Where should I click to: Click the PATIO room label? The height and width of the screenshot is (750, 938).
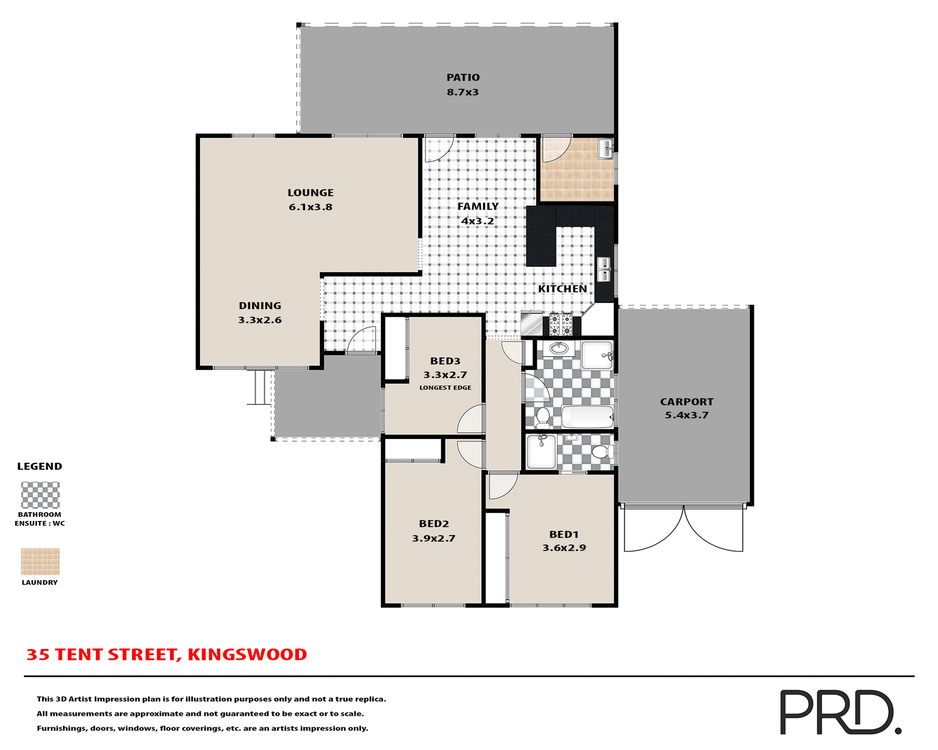[463, 77]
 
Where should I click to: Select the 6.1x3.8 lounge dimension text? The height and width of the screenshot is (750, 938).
[310, 207]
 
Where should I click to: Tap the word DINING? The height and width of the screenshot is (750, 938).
[260, 306]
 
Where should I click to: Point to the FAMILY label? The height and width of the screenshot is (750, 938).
[478, 207]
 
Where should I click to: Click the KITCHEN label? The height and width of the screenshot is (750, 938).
[562, 289]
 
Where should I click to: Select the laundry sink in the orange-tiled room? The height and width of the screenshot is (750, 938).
[606, 148]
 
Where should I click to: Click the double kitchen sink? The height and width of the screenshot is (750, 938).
[604, 270]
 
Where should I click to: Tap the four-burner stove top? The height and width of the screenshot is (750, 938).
[560, 325]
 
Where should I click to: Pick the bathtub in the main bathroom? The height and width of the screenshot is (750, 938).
[588, 417]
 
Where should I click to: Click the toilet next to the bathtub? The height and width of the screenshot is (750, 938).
[543, 417]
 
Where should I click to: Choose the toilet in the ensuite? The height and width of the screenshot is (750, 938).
[602, 452]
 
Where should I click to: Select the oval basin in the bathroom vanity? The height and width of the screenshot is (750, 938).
[558, 348]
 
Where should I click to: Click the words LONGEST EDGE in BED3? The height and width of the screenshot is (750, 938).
[445, 388]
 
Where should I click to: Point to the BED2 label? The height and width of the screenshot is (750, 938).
[433, 524]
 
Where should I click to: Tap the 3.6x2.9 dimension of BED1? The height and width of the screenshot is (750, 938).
[564, 548]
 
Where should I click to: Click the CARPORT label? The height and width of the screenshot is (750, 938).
[686, 402]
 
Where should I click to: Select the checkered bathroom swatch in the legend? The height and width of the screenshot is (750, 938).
[40, 495]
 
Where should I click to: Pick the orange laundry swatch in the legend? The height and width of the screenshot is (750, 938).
[40, 562]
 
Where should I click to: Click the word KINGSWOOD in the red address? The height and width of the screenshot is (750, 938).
[247, 655]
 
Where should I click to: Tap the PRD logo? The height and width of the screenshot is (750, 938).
[839, 712]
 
